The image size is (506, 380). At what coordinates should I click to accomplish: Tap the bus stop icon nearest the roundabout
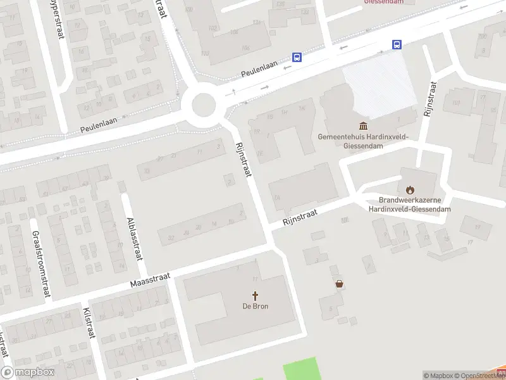coord(297,57)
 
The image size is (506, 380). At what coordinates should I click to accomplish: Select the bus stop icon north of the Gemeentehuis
coord(397,44)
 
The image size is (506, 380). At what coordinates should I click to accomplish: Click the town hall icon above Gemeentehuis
coord(364,125)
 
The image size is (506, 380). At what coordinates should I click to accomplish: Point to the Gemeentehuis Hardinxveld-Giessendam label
coord(363,141)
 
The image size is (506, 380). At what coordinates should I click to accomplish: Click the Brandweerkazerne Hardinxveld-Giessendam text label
coord(410,204)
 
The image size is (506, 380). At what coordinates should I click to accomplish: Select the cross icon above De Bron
coord(256,296)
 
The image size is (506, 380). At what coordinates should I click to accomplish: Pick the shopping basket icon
coord(340,284)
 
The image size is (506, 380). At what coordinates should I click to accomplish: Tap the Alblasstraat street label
coord(133,233)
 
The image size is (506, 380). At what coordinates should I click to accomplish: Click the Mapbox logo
coord(28,372)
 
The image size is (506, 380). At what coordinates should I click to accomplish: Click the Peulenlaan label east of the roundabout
coord(260,70)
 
